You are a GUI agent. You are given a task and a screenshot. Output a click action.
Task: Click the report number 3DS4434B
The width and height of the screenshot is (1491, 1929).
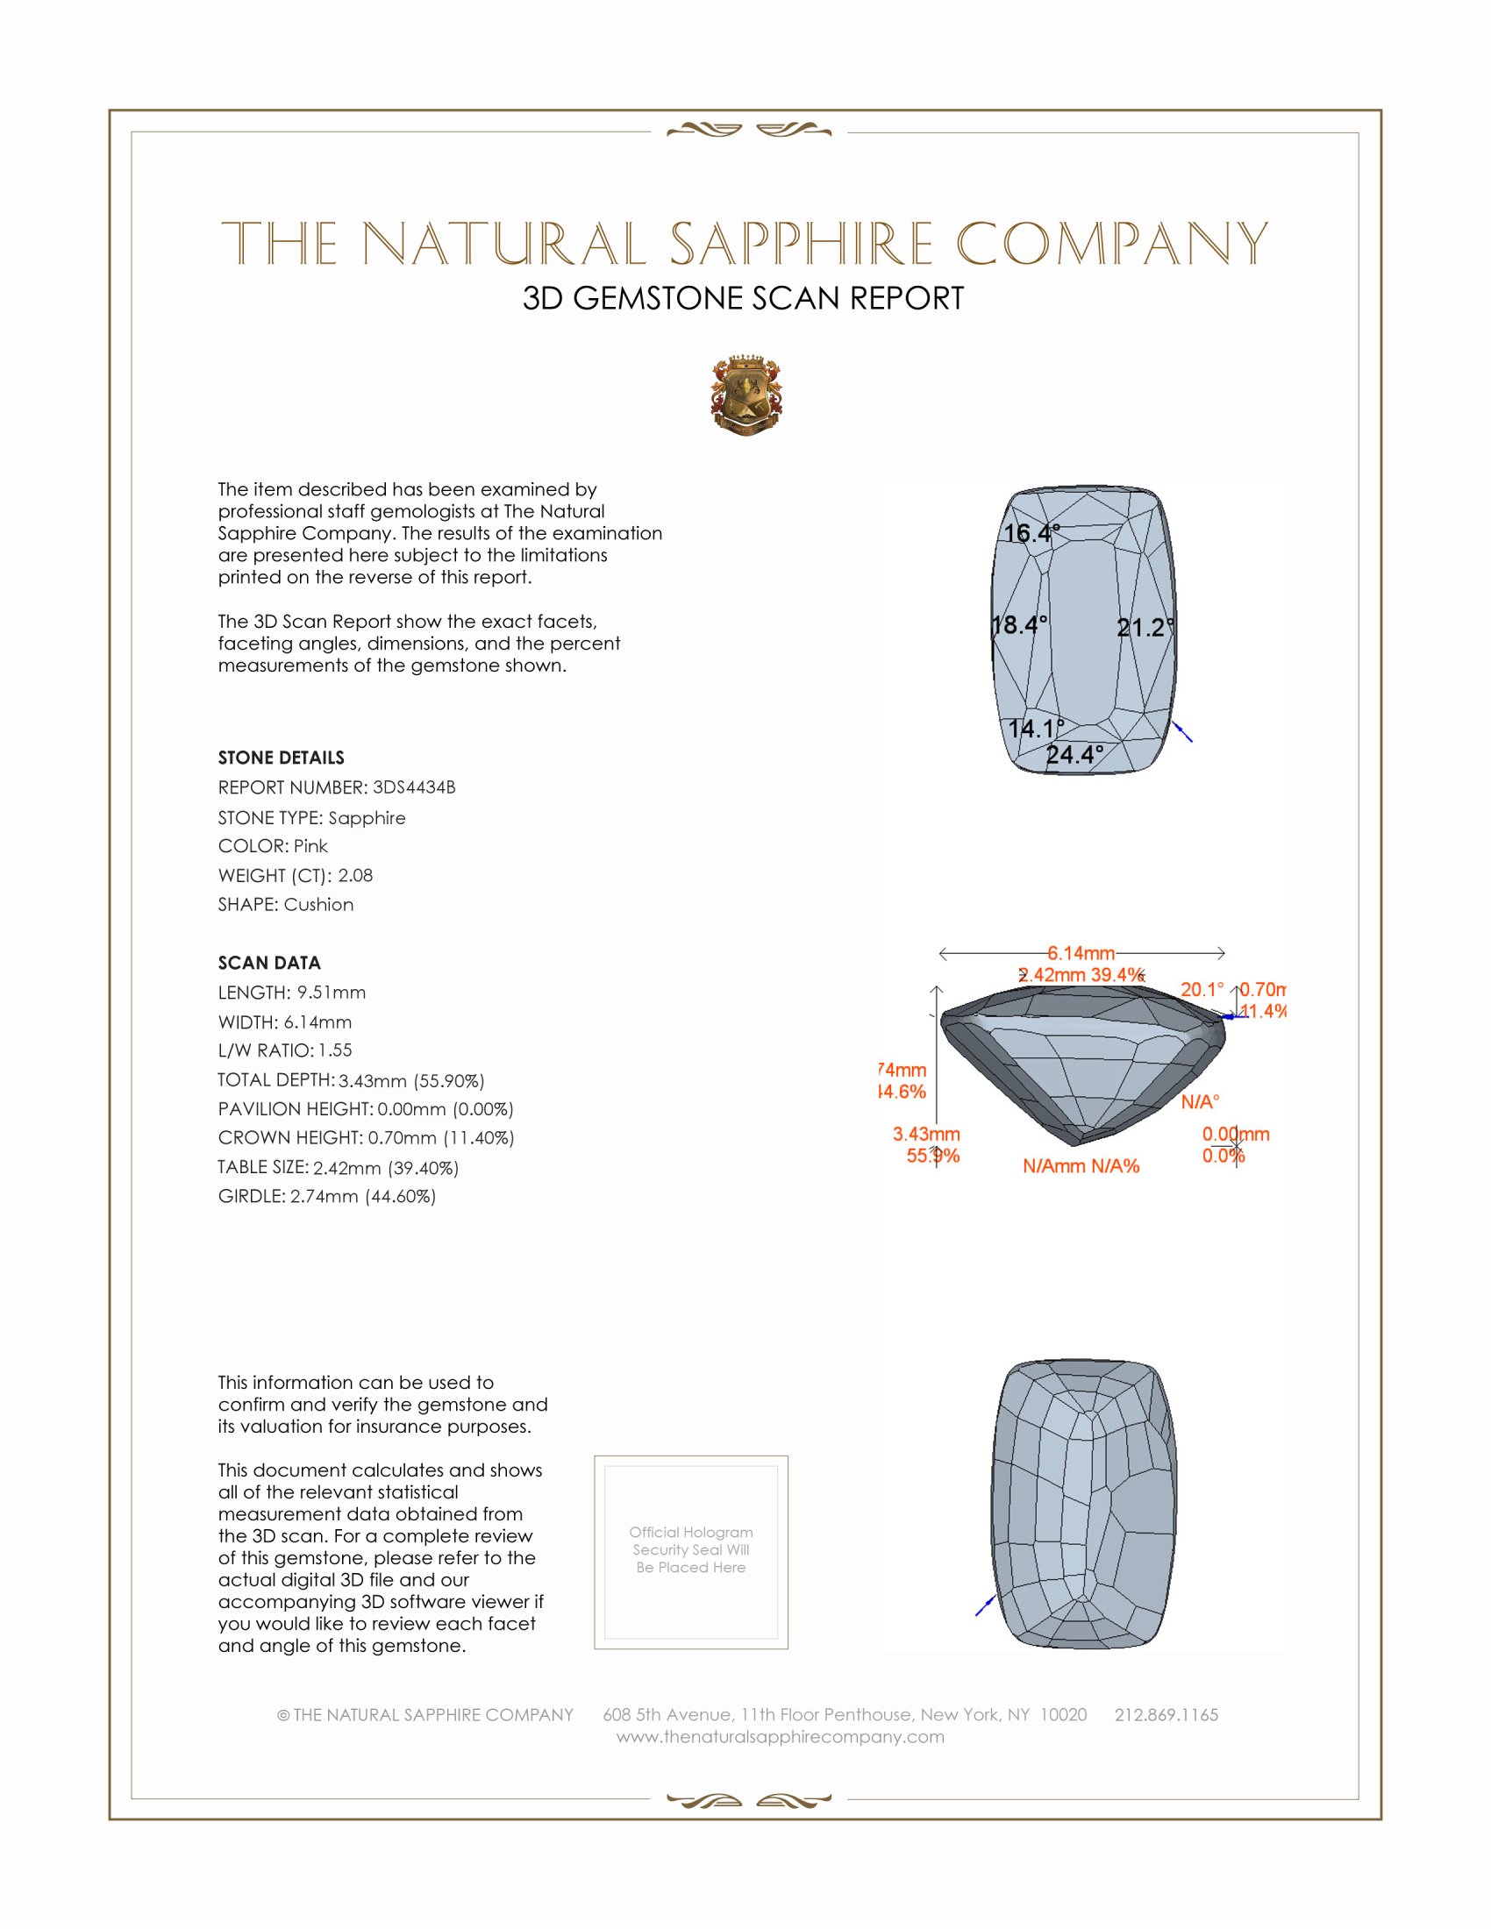413,787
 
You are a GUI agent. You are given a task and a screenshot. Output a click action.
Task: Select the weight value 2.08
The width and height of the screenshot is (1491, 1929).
355,875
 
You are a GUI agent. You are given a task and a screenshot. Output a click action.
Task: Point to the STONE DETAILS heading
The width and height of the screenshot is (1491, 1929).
281,758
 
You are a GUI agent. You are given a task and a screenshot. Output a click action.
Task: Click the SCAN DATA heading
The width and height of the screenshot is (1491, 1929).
269,963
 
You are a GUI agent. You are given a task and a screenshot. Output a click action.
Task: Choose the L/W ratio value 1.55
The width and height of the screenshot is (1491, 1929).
335,1050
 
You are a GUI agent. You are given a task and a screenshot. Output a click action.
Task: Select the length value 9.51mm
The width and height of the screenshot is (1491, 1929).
331,993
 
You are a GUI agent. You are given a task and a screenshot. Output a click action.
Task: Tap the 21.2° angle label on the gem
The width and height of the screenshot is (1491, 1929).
1145,627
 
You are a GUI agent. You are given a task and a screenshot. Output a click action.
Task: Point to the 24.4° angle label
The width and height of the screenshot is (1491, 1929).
1074,754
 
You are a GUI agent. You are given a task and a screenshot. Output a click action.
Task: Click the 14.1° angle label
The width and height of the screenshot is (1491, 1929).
1036,728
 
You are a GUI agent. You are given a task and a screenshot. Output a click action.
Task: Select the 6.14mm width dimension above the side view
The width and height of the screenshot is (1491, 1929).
1081,953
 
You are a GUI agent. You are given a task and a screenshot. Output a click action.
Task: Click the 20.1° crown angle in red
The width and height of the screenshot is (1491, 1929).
1202,989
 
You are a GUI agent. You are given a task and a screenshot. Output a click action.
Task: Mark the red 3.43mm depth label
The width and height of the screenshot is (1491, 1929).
925,1133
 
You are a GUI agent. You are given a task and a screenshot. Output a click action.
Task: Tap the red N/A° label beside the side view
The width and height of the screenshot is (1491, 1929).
1200,1101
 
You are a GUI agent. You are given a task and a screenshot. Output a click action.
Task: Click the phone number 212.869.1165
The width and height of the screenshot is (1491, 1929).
1166,1714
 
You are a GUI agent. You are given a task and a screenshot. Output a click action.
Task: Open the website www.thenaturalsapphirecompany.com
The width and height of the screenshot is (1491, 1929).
780,1736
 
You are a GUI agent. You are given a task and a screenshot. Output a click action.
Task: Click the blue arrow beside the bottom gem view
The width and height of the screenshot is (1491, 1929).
985,1605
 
